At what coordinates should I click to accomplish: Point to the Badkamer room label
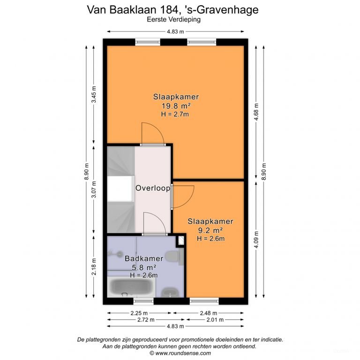[144, 258]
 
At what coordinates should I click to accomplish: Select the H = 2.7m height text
[176, 114]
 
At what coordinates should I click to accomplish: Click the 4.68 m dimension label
[256, 112]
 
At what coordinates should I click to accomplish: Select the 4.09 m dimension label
[256, 240]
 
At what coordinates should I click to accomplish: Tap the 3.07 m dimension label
[94, 190]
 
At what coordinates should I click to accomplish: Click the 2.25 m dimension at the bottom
[139, 313]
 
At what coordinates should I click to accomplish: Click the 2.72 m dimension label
[139, 320]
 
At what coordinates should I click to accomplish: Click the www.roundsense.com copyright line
[180, 353]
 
